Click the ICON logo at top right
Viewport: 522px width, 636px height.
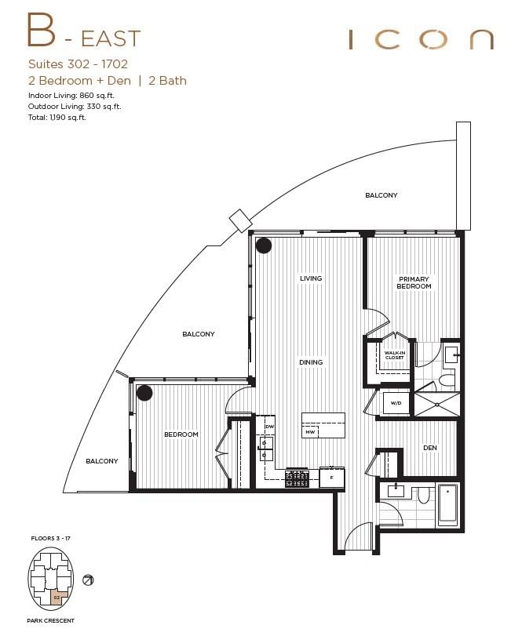click(421, 39)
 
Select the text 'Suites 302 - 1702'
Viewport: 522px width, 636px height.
click(77, 64)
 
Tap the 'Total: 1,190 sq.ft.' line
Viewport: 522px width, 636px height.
click(56, 117)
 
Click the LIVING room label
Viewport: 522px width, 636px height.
click(311, 278)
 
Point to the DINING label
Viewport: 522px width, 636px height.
click(311, 362)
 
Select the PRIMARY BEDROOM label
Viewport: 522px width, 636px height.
click(414, 283)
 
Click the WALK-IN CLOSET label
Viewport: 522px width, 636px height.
click(394, 355)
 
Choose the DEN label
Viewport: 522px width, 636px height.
click(429, 448)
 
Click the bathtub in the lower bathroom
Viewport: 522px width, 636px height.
click(448, 505)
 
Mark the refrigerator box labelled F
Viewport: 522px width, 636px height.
click(331, 477)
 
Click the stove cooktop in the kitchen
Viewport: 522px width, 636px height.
click(298, 478)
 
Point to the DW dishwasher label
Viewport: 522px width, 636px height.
click(268, 426)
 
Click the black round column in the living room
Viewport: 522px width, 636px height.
click(264, 245)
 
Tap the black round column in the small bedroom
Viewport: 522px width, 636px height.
click(144, 393)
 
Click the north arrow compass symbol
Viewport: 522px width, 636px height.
click(89, 580)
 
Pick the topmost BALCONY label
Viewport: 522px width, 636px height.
click(381, 195)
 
